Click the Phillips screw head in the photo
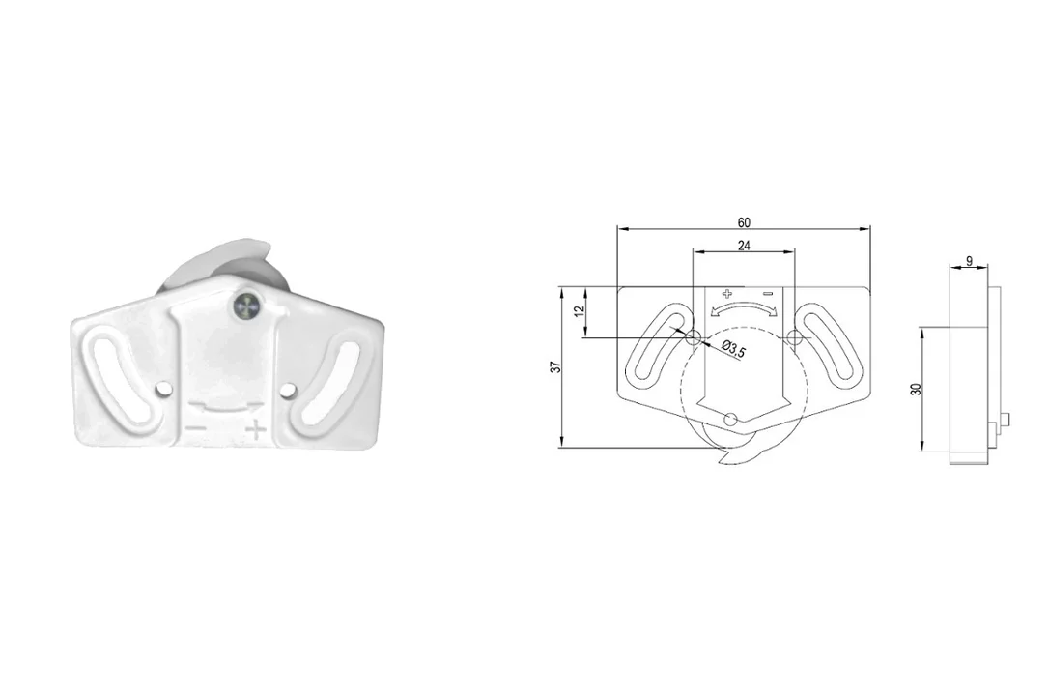pos(245,306)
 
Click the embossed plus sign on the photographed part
pos(256,430)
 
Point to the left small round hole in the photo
pos(162,389)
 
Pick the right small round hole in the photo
pos(288,390)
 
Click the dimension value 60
pos(743,222)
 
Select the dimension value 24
pos(743,246)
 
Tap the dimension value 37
pos(554,367)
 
